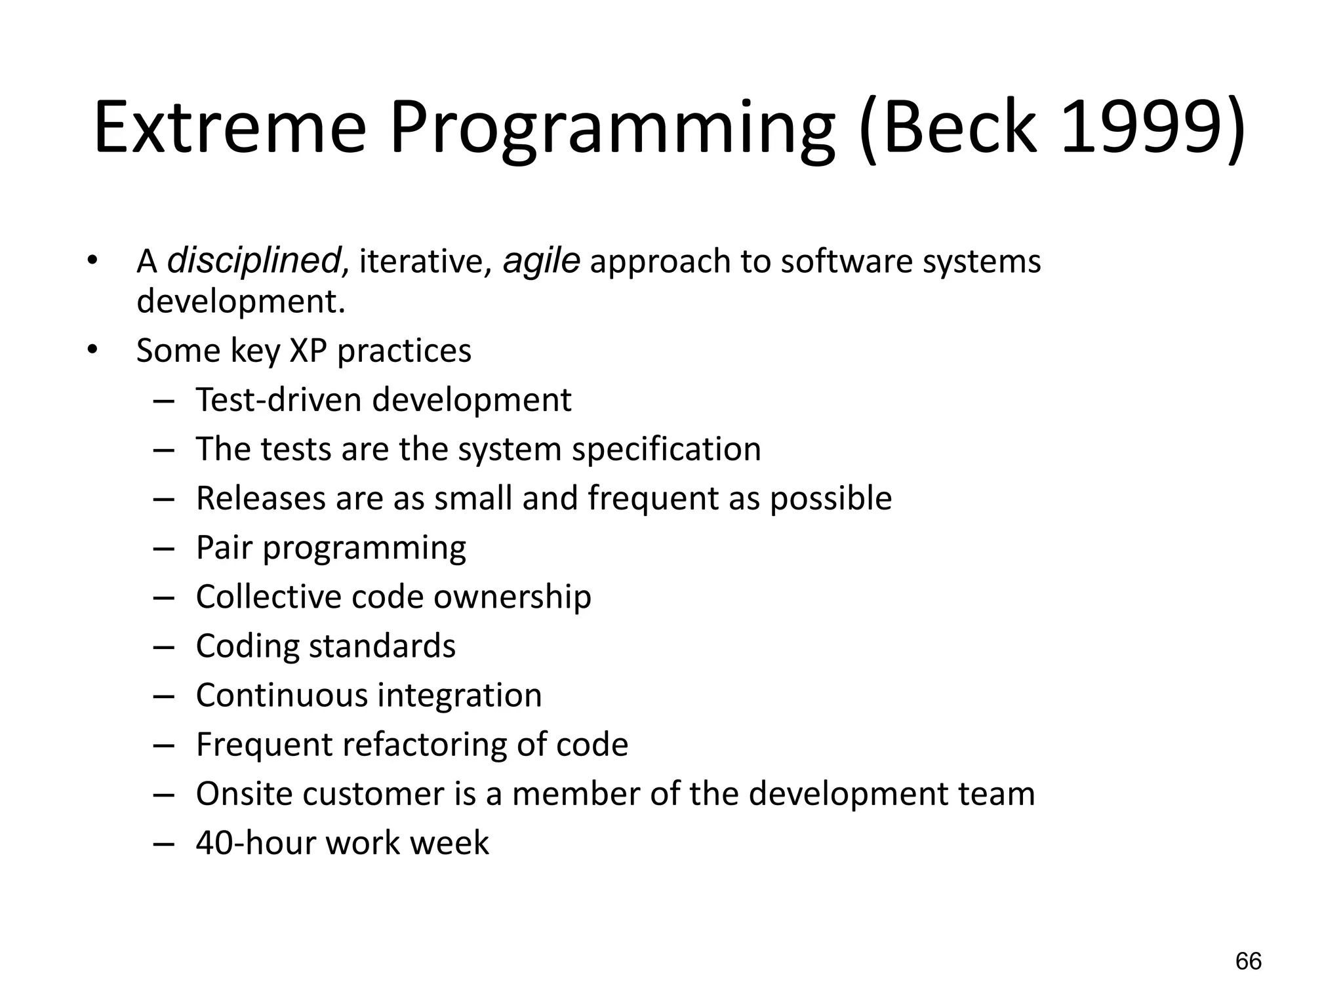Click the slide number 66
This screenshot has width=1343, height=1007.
pos(1248,961)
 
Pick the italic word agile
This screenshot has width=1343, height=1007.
pos(541,260)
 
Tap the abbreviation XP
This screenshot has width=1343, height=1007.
pos(308,350)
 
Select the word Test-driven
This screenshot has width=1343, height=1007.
pos(278,399)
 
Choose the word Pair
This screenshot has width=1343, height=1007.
pos(224,547)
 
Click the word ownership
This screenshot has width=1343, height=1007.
pos(512,597)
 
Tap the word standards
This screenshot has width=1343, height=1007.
pos(382,646)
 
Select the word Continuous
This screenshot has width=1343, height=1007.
pos(281,695)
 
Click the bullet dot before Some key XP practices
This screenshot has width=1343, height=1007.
pos(92,350)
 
